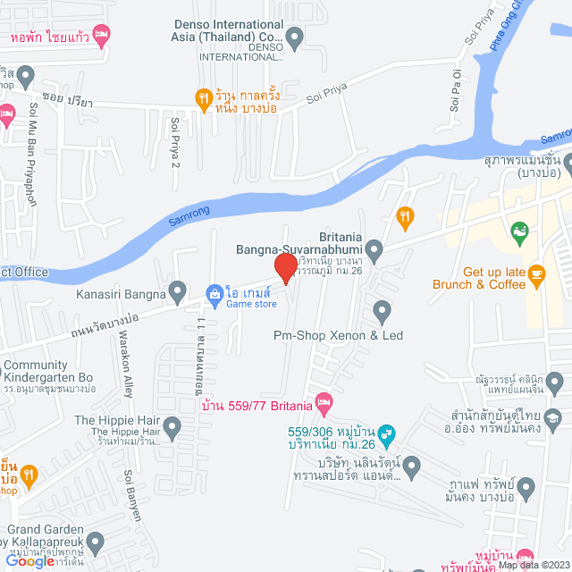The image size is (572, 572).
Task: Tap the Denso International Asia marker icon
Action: pyautogui.click(x=294, y=38)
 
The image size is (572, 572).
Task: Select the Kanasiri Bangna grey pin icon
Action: pyautogui.click(x=178, y=292)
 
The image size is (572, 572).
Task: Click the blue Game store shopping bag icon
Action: pyautogui.click(x=214, y=293)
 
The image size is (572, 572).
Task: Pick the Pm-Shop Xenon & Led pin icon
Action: pyautogui.click(x=383, y=312)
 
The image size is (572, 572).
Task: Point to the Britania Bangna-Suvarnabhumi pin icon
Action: pyautogui.click(x=374, y=249)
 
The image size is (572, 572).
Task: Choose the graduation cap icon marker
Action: pyautogui.click(x=554, y=417)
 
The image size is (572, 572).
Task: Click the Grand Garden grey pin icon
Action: pyautogui.click(x=96, y=541)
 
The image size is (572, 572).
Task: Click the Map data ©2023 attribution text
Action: pyautogui.click(x=533, y=565)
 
